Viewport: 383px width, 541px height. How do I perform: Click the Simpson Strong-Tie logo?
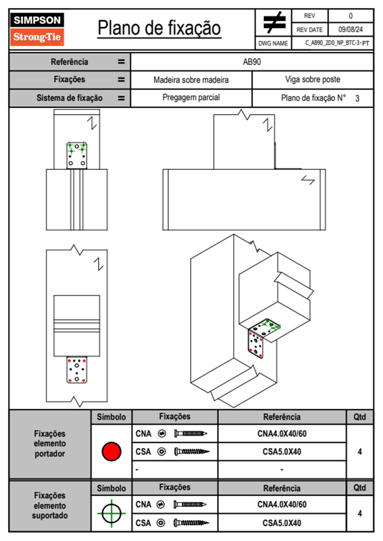click(37, 29)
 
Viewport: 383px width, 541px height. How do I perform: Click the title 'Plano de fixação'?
click(159, 28)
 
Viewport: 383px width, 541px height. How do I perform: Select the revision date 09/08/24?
click(350, 30)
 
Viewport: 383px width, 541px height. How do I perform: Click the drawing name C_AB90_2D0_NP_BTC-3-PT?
click(337, 43)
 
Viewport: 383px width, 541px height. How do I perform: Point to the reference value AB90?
click(252, 62)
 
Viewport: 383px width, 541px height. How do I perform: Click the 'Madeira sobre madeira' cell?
click(191, 80)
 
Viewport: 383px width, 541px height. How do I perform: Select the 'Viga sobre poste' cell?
click(313, 79)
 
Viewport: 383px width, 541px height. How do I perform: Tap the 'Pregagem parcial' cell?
click(191, 97)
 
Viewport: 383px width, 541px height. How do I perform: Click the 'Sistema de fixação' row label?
click(69, 98)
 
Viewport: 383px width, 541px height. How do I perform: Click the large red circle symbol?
click(111, 451)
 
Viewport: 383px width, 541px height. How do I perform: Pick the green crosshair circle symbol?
click(111, 513)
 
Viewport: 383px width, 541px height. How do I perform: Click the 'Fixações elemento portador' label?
click(50, 444)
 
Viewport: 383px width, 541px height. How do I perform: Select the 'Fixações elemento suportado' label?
click(50, 506)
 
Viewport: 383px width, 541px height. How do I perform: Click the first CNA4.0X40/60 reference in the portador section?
click(282, 434)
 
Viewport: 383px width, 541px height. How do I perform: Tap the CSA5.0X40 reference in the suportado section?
click(282, 523)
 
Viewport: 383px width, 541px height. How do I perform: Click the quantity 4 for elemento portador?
click(360, 451)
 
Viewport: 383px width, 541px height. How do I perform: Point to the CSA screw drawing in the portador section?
click(192, 451)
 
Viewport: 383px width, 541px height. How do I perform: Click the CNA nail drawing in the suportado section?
click(190, 504)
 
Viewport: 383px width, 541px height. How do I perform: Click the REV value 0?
click(350, 16)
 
